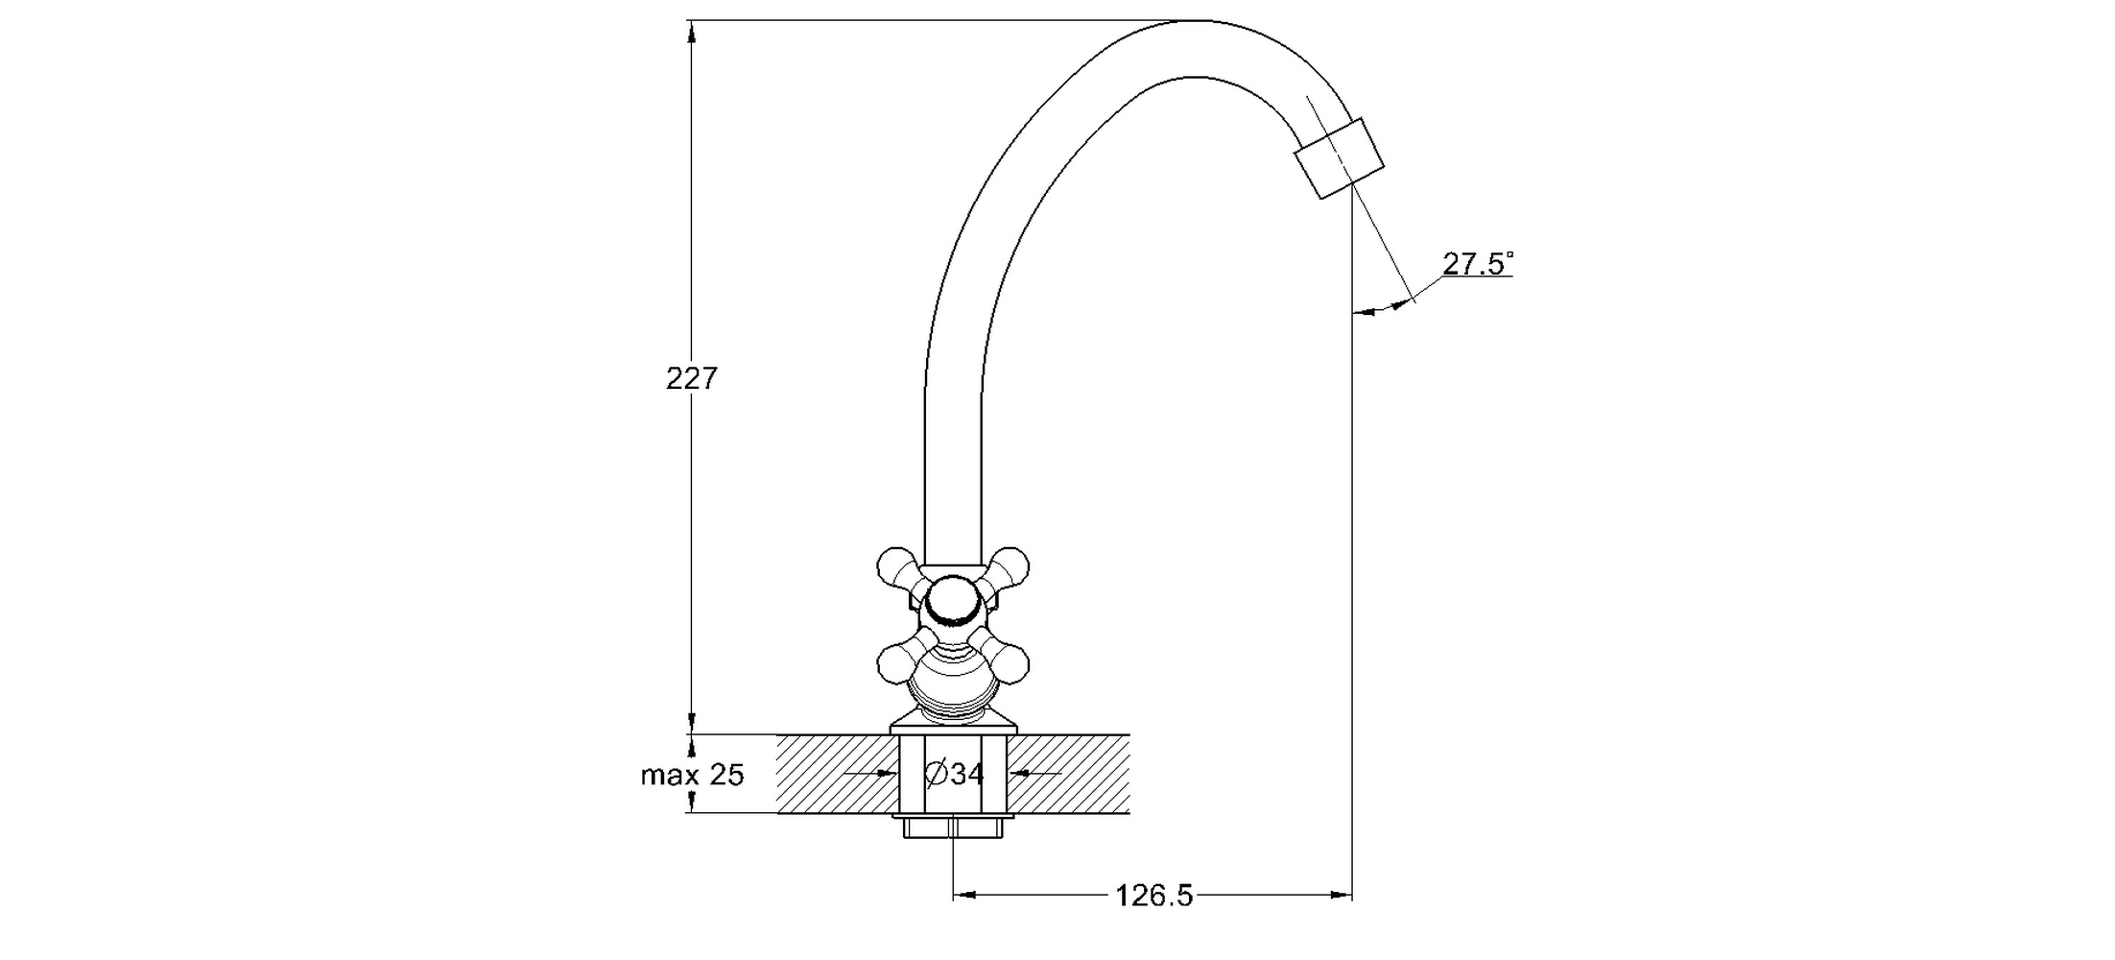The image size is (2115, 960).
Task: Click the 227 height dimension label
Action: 691,379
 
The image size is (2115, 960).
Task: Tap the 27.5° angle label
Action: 1477,264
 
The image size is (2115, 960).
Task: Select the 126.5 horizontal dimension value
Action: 1153,896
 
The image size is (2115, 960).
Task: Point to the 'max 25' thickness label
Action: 692,775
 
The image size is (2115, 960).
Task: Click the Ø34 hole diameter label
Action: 954,773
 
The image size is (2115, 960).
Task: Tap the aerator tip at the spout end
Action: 1340,158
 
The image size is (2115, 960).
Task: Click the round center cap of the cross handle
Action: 953,602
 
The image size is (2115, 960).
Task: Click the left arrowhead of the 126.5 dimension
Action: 964,896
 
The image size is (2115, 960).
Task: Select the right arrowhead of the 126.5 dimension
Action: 1342,896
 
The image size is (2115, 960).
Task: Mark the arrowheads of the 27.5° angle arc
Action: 1382,307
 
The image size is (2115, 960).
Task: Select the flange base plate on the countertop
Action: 953,728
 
